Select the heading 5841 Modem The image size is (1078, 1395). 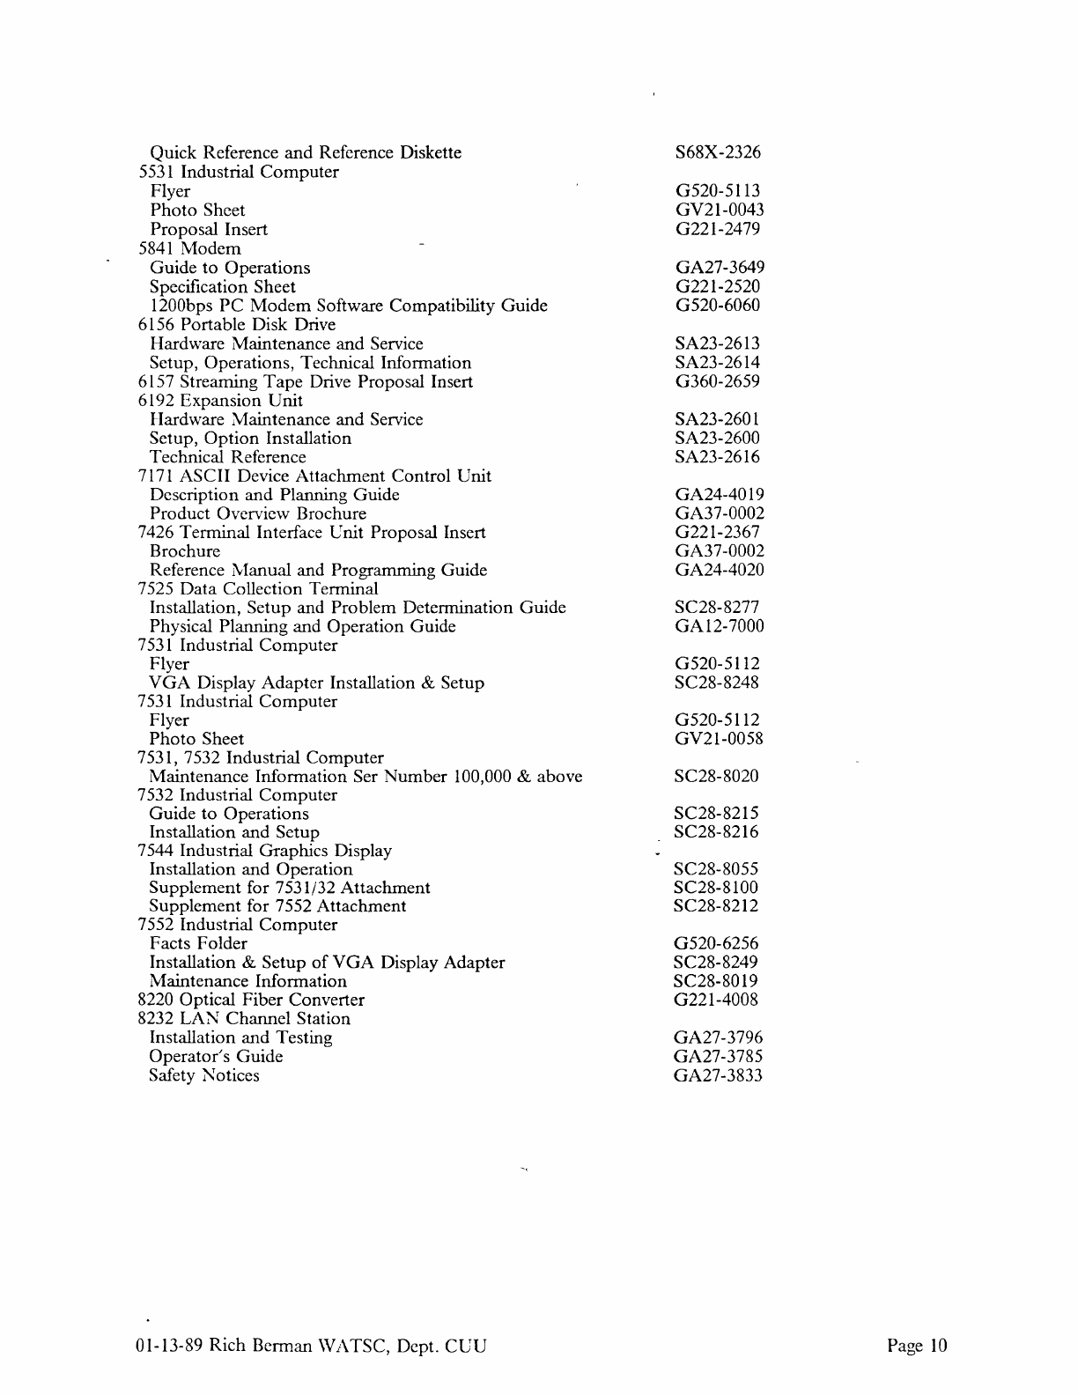coord(189,249)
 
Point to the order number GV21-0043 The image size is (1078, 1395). coord(719,210)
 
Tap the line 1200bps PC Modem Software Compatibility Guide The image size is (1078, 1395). coord(349,306)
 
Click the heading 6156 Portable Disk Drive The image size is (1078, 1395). coord(237,325)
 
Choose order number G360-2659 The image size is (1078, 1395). coord(717,381)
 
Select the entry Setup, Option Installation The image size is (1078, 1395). coord(250,439)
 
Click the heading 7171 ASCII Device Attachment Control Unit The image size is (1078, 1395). coord(314,476)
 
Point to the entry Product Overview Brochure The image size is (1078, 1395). coord(257,513)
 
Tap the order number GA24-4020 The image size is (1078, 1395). coord(719,570)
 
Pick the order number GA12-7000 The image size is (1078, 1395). coord(719,626)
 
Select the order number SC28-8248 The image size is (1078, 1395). coord(716,683)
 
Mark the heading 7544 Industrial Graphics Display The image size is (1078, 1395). coord(264,851)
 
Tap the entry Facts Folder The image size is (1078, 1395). coord(198,944)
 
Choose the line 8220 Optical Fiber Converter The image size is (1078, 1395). coord(251,1000)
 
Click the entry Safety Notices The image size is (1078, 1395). coord(204,1075)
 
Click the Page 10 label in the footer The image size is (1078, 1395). coord(917,1346)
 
